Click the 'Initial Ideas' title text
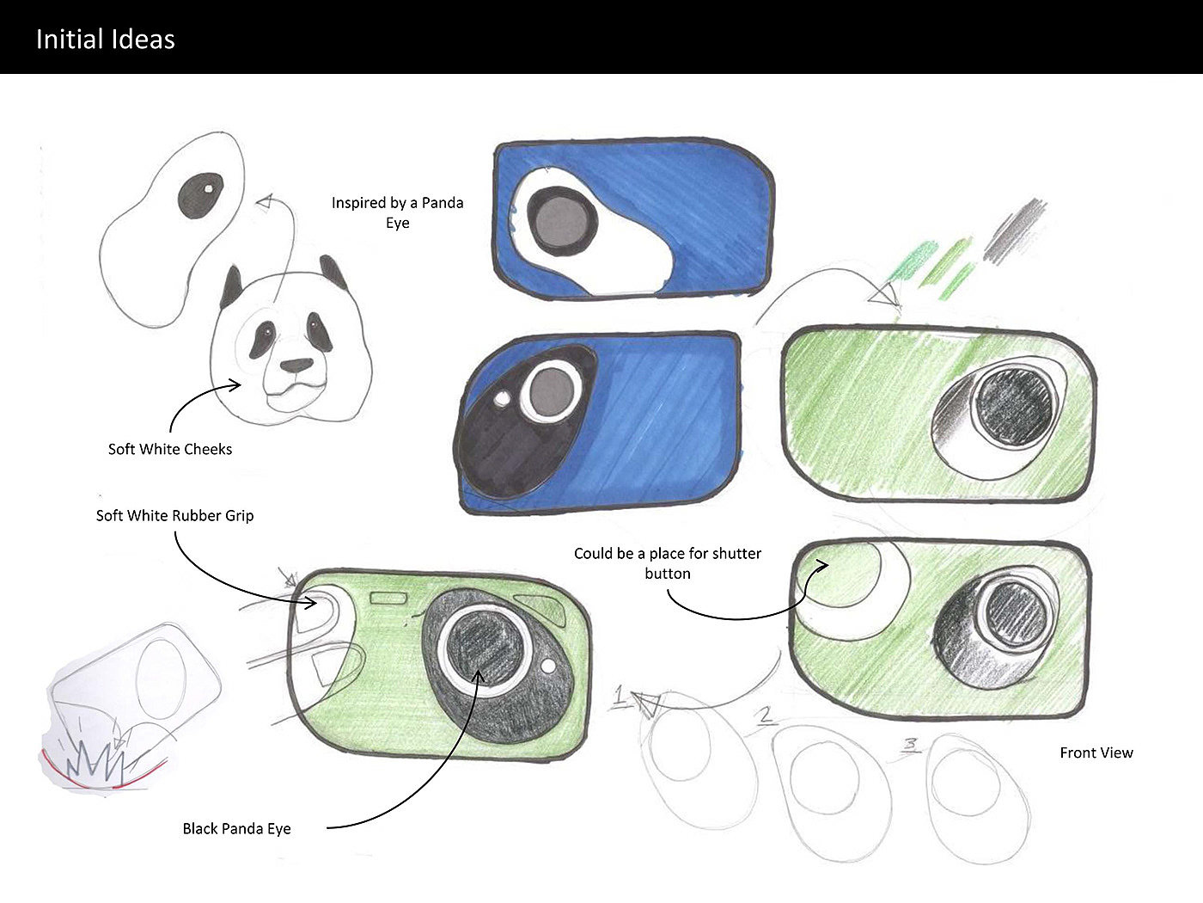(105, 40)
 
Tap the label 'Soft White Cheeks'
(170, 449)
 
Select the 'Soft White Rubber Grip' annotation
(174, 515)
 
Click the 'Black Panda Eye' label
(237, 828)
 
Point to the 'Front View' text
(1096, 752)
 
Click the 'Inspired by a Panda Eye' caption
(397, 212)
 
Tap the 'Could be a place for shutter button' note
(668, 563)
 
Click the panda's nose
(296, 365)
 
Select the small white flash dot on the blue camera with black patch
(502, 398)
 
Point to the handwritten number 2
(766, 715)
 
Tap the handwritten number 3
(910, 745)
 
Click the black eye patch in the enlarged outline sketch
(201, 196)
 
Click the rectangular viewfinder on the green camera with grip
(388, 598)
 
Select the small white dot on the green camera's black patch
(548, 666)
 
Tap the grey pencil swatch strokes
(1014, 229)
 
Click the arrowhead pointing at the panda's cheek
(235, 385)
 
